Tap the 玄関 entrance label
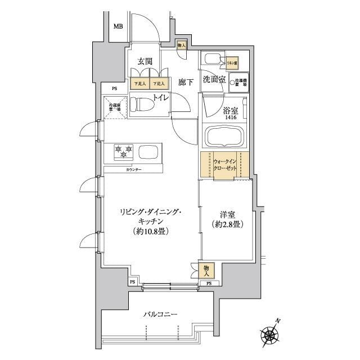pos(145,62)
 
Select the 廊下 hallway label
pos(186,82)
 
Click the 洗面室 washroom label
pos(214,79)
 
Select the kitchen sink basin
pos(149,152)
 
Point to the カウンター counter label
pos(133,169)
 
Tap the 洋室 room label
pos(227,215)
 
